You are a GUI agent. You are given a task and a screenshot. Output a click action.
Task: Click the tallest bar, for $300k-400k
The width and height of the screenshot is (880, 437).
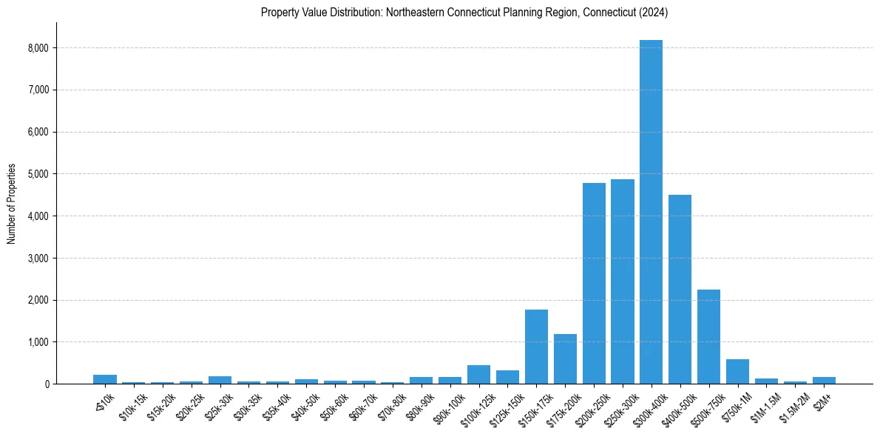click(651, 215)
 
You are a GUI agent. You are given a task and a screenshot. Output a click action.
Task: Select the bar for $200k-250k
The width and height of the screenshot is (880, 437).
click(594, 285)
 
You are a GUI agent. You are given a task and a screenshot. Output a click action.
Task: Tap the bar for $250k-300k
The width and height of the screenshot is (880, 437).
click(622, 283)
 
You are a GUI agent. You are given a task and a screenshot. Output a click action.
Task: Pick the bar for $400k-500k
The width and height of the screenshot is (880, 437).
click(680, 290)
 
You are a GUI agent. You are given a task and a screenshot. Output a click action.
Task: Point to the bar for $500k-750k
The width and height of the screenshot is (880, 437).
click(708, 337)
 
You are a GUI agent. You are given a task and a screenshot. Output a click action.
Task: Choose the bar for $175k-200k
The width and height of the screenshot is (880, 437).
click(565, 360)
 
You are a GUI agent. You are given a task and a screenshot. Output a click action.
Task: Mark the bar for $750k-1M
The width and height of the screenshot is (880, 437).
click(737, 372)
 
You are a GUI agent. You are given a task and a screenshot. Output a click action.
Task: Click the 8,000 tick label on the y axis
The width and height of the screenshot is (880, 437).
click(36, 48)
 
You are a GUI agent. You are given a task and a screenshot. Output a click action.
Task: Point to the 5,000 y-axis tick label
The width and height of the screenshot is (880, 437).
click(36, 174)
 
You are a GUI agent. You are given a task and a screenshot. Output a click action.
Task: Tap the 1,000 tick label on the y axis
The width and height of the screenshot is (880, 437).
click(36, 342)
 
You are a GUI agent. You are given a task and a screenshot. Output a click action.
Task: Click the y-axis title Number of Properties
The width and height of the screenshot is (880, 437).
click(12, 204)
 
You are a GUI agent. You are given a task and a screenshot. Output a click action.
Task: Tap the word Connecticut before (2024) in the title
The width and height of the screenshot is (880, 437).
click(600, 13)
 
